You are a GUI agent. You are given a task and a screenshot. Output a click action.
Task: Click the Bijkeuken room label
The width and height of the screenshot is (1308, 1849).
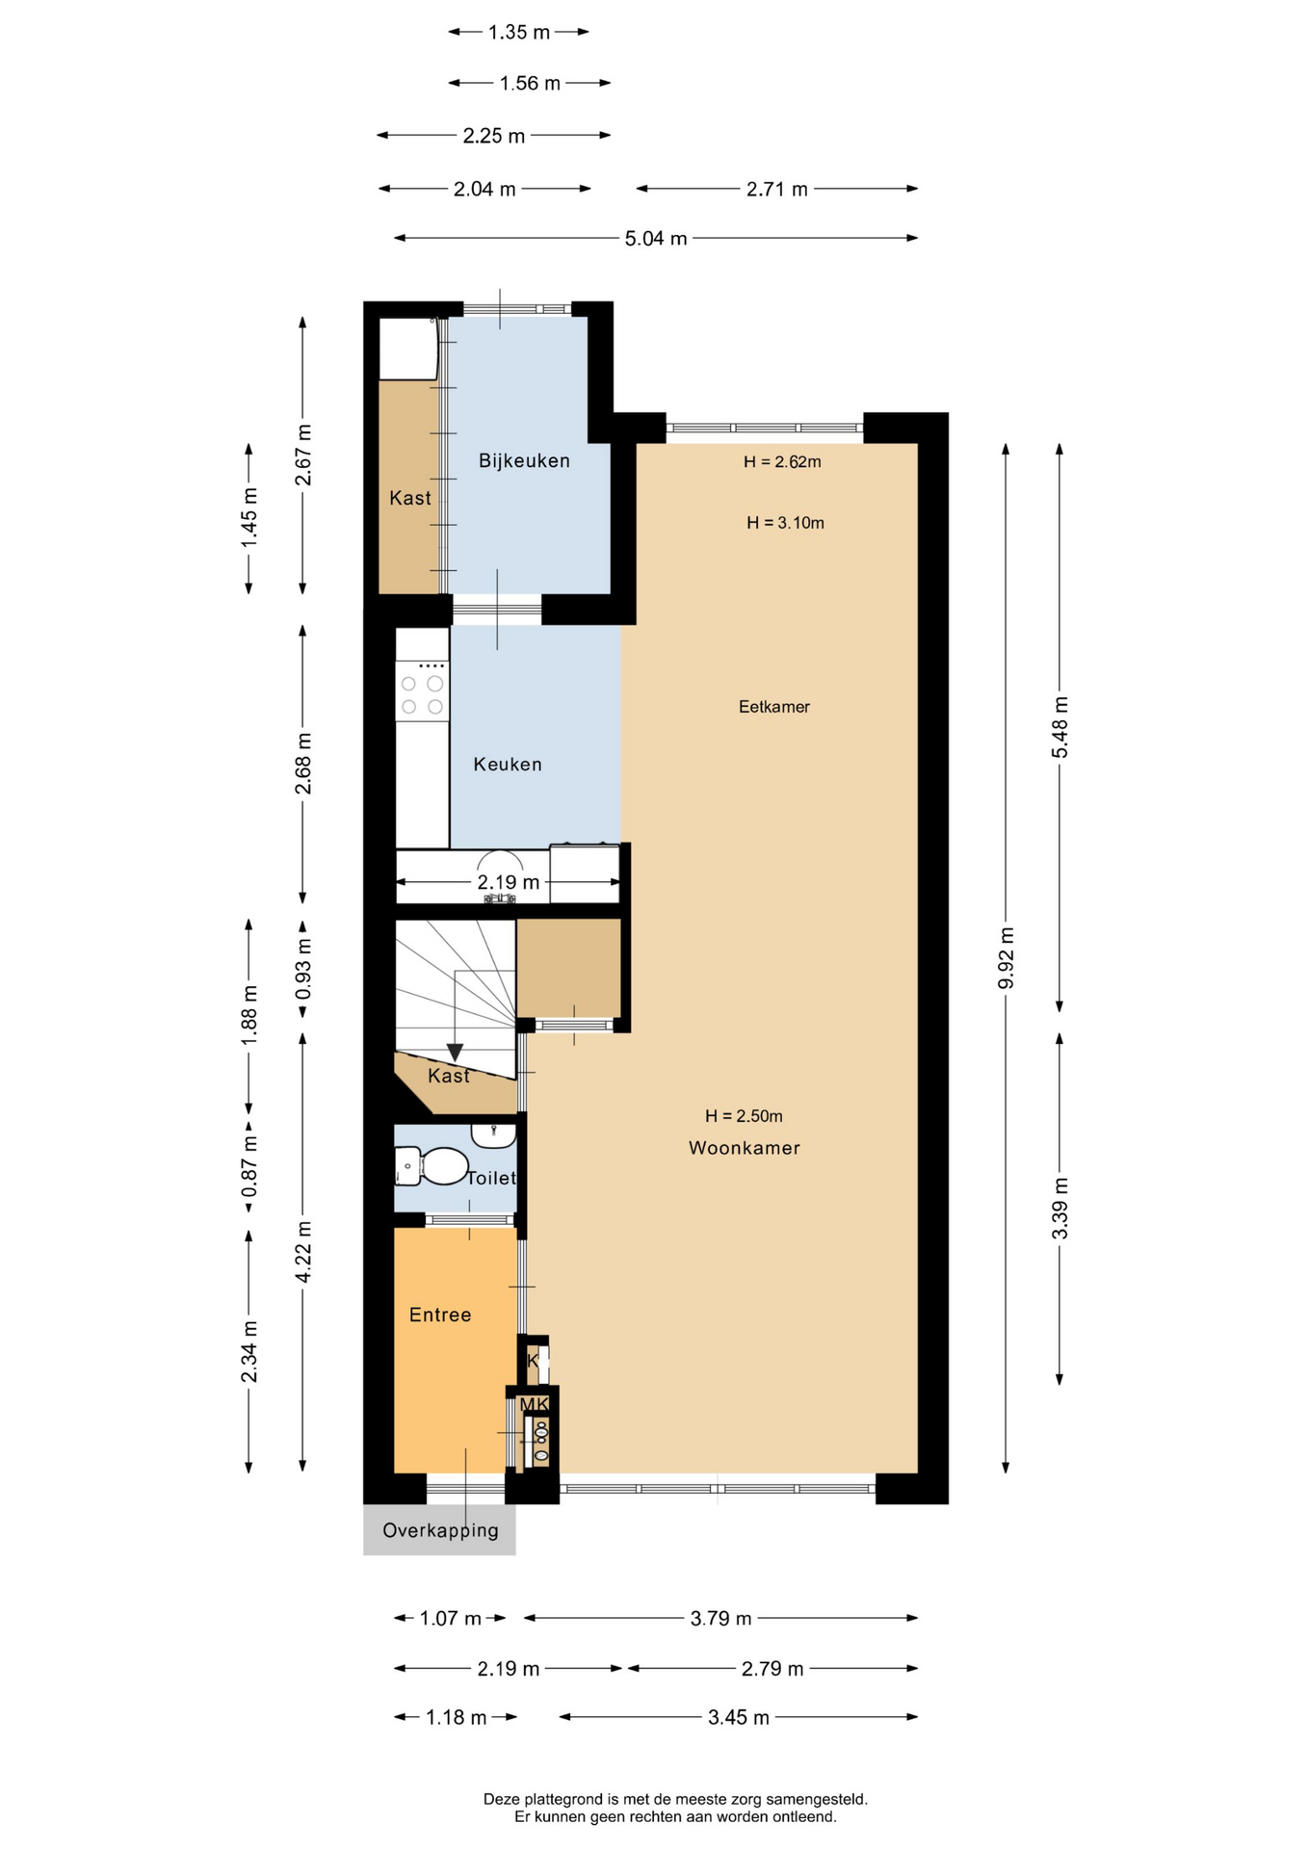[x=524, y=461]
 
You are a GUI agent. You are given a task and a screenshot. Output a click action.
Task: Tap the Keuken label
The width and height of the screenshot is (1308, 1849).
[x=508, y=765]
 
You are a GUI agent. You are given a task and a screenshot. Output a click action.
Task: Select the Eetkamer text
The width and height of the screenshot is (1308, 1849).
[x=774, y=707]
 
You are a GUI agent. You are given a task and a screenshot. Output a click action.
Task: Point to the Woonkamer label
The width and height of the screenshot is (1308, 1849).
[x=745, y=1148]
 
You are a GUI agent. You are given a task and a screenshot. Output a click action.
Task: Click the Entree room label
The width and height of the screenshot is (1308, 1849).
[x=440, y=1315]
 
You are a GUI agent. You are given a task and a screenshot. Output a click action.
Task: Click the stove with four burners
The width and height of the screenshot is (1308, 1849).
[x=422, y=690]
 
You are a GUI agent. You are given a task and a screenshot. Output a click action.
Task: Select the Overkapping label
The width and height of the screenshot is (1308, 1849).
[x=440, y=1530]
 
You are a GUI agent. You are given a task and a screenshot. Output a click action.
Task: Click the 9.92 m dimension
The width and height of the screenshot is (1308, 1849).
[x=1007, y=958]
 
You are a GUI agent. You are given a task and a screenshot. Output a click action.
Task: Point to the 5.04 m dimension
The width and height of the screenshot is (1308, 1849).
[x=656, y=238]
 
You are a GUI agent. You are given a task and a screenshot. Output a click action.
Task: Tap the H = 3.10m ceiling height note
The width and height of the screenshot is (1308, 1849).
[x=786, y=523]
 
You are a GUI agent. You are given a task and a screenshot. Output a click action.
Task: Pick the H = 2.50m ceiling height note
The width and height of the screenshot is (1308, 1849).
[x=744, y=1116]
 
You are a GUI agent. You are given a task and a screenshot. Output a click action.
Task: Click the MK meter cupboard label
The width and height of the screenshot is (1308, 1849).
[x=535, y=1404]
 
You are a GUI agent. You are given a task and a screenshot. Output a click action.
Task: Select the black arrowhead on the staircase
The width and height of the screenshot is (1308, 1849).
[x=455, y=1053]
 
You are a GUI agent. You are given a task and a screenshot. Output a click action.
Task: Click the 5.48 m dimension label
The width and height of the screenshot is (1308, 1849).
[x=1060, y=727]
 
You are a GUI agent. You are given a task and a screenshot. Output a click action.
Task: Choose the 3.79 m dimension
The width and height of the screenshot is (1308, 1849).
[x=720, y=1619]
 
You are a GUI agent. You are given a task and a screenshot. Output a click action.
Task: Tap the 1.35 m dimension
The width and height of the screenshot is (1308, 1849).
[x=519, y=33]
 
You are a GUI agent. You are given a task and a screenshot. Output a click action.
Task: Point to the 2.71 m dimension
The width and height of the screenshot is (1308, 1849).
[x=777, y=189]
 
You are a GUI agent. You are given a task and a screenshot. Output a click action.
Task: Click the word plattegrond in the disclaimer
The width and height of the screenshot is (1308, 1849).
[x=563, y=1798]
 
